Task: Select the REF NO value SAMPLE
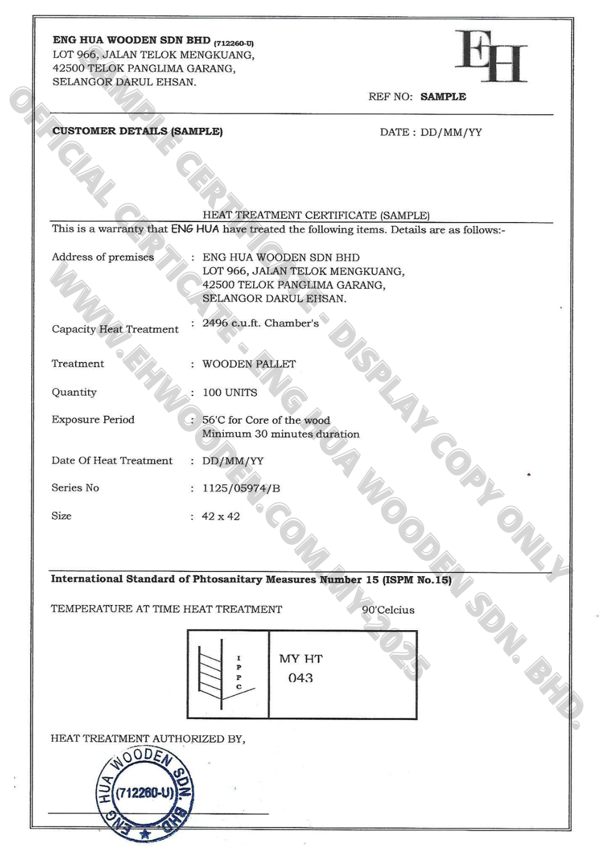click(443, 97)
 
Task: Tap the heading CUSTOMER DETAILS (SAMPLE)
click(137, 131)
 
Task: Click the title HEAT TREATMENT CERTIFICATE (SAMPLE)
click(316, 215)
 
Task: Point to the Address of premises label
click(103, 257)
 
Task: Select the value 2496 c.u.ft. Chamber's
click(260, 323)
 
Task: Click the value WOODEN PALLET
click(249, 364)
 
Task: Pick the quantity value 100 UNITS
click(230, 392)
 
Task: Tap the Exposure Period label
click(93, 419)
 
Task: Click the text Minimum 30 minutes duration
click(281, 434)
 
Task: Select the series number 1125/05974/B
click(241, 488)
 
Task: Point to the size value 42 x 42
click(221, 516)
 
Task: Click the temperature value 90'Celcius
click(388, 610)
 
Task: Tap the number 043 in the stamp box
click(301, 678)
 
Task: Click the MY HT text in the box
click(301, 659)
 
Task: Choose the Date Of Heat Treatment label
click(112, 460)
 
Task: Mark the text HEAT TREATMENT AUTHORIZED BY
click(148, 738)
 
